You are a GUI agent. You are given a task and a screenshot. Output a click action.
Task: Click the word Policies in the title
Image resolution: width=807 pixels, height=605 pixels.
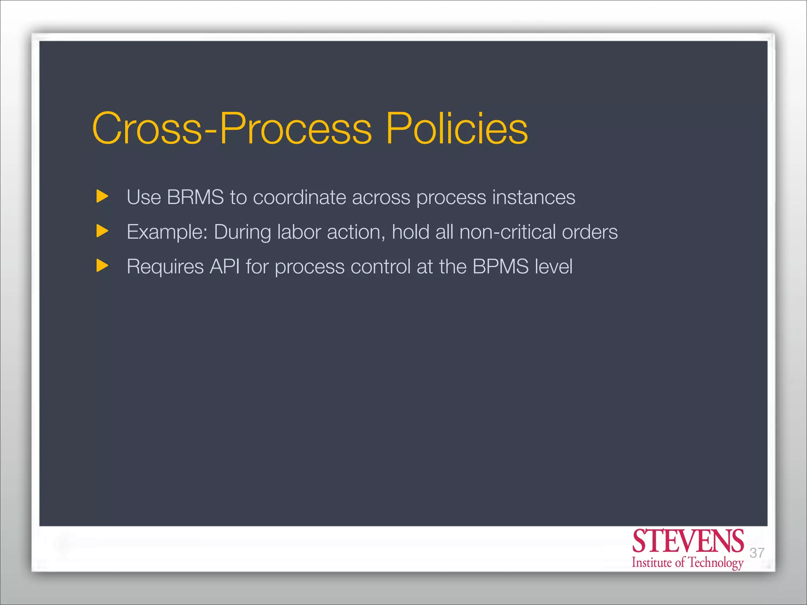457,128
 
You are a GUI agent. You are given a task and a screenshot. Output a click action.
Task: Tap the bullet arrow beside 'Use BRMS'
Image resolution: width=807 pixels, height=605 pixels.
102,196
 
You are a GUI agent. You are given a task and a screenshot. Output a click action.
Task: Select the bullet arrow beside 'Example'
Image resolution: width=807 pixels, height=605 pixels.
102,231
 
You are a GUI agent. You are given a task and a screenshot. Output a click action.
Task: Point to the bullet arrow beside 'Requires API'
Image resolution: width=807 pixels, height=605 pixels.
102,265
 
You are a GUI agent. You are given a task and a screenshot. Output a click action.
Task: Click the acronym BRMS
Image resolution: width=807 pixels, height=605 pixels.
195,197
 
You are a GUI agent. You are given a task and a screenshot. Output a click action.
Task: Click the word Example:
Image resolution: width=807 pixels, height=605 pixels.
167,232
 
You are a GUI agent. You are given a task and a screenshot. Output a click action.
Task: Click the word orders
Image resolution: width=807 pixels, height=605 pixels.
589,232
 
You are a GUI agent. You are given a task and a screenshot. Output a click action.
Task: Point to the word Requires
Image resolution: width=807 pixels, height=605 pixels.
165,267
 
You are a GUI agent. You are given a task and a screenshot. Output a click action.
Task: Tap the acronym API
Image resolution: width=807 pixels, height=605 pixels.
225,266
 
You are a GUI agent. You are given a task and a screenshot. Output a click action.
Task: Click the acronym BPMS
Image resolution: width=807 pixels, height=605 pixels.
500,266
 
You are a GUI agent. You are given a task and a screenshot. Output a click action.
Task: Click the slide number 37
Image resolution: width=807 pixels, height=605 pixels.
757,553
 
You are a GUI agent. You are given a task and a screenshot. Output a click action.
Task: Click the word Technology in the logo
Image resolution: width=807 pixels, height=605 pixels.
715,563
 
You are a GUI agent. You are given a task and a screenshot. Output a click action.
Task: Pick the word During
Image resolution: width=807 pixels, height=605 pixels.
242,232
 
